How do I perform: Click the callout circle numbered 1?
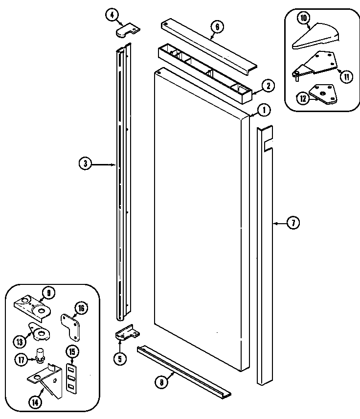[263, 110]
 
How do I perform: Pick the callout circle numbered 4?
[112, 15]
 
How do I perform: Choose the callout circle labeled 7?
[292, 223]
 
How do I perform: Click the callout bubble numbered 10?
[303, 18]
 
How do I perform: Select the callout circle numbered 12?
[303, 98]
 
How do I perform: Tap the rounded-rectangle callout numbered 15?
[72, 352]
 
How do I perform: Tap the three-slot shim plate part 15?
[71, 377]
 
